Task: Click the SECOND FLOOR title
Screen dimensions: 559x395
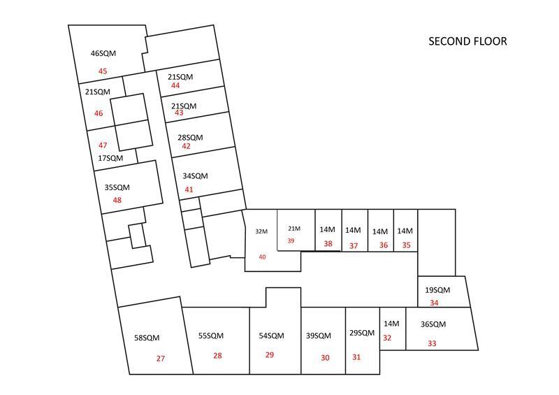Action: (x=467, y=41)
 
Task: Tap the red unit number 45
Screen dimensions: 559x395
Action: (x=103, y=71)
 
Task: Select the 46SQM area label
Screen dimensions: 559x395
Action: (x=103, y=53)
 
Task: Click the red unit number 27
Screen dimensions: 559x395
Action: (x=161, y=358)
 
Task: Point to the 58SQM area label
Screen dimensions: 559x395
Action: (x=147, y=338)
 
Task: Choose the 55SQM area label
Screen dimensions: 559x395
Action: (x=211, y=336)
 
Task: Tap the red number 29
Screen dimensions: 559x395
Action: (x=270, y=354)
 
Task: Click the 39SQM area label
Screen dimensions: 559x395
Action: (x=319, y=336)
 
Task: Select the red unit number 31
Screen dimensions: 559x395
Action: (x=356, y=357)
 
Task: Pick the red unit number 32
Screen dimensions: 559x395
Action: (x=387, y=338)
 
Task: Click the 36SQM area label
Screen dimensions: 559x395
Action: (x=433, y=324)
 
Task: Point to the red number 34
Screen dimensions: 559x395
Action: (x=434, y=303)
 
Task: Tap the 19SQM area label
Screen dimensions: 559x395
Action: (x=437, y=289)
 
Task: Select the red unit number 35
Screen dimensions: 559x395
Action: (x=407, y=245)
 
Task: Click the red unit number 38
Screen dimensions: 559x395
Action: (x=328, y=244)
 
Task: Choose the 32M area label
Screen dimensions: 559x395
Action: (x=261, y=231)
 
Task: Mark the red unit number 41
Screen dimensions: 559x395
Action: (x=189, y=189)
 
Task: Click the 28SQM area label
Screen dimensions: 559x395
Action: (x=190, y=137)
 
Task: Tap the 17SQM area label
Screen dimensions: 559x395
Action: (x=110, y=158)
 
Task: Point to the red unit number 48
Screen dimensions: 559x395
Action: (x=117, y=200)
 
